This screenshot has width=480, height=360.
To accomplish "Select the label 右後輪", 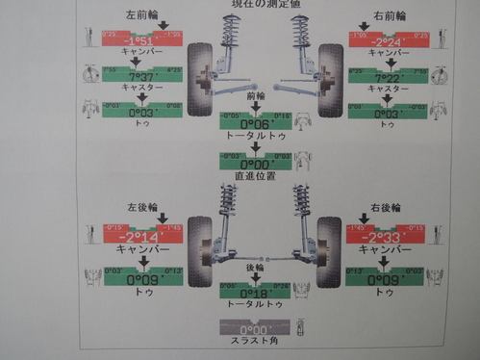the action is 384,208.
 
